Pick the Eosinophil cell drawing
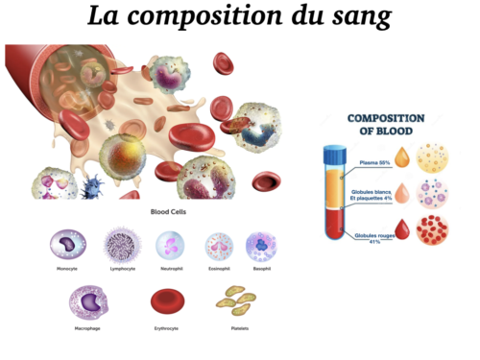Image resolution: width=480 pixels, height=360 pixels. [220, 248]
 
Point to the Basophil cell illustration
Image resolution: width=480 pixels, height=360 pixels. [261, 247]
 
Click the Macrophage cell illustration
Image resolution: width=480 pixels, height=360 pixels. [86, 302]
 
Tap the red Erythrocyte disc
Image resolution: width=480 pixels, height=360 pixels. [168, 303]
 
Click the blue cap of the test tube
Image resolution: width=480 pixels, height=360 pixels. [334, 153]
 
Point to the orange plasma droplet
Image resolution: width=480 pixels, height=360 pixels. [401, 157]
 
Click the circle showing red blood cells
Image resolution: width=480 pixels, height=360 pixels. [433, 230]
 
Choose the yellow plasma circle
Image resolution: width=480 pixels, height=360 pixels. [433, 157]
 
